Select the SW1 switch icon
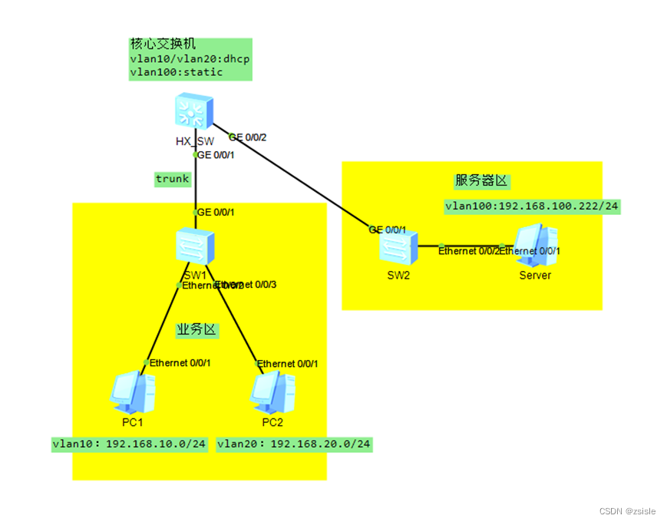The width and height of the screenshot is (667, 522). (x=194, y=247)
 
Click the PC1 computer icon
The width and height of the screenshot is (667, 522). (x=127, y=394)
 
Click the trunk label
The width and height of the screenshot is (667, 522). (x=172, y=179)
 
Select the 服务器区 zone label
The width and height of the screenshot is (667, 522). (x=482, y=181)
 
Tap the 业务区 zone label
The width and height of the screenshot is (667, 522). (x=197, y=330)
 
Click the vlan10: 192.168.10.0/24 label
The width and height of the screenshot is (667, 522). (x=129, y=444)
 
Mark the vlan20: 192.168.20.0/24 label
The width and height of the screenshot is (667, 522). (x=294, y=444)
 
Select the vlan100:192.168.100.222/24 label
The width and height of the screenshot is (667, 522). (x=532, y=206)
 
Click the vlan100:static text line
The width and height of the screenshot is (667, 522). (x=176, y=72)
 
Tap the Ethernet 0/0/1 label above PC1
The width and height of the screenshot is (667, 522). (x=180, y=363)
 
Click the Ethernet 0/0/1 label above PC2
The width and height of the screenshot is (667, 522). (x=287, y=363)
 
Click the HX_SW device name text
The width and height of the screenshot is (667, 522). (x=194, y=141)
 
